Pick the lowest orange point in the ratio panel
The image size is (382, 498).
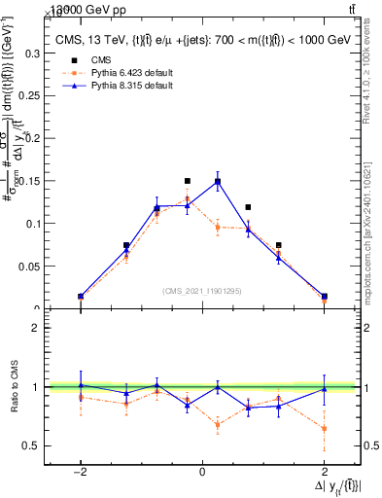[x=324, y=428]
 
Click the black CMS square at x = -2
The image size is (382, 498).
[x=81, y=296]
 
